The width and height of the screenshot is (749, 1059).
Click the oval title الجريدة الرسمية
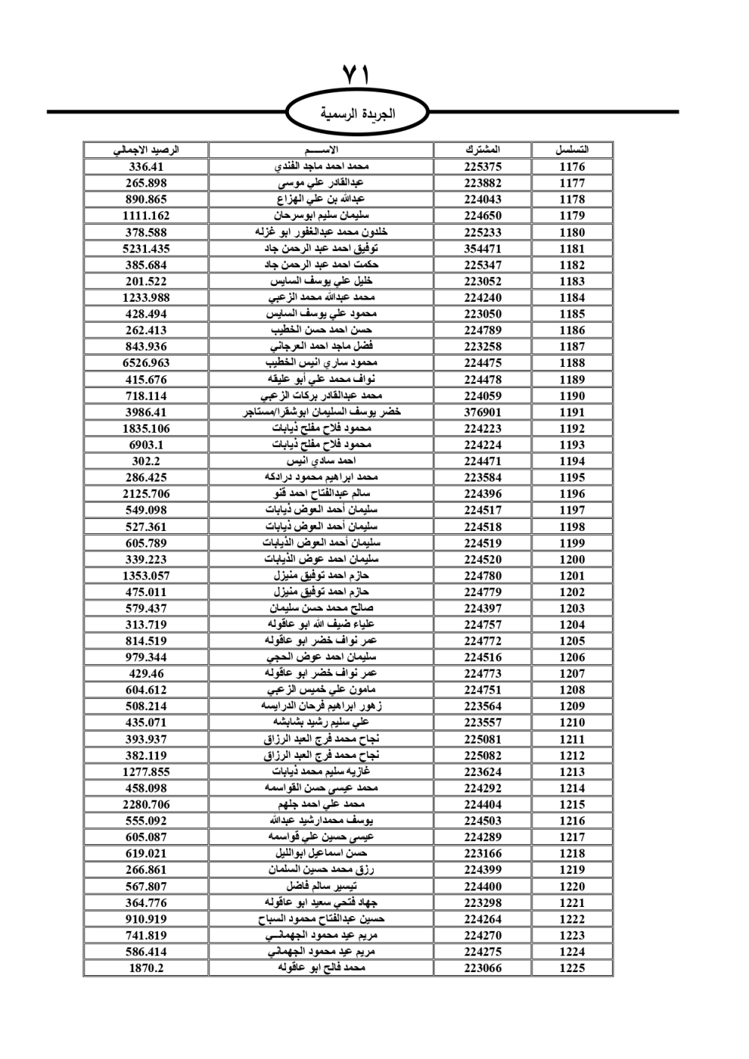(x=357, y=115)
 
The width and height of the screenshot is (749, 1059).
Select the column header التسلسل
(x=571, y=150)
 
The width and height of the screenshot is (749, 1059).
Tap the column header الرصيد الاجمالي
(x=146, y=150)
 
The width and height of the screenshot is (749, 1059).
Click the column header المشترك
(x=482, y=150)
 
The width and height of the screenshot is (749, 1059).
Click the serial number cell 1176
(x=571, y=167)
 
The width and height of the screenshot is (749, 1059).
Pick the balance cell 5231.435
(x=146, y=249)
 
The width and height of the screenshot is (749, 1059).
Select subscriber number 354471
(x=482, y=249)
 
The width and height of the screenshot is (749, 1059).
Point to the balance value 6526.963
(x=146, y=363)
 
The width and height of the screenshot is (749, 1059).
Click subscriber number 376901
(x=482, y=412)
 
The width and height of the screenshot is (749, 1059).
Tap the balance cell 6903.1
(x=146, y=445)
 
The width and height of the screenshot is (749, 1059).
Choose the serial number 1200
(x=571, y=559)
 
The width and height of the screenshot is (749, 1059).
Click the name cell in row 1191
(x=321, y=412)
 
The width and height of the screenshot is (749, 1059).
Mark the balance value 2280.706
(x=146, y=804)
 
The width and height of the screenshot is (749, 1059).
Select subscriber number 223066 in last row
(x=482, y=968)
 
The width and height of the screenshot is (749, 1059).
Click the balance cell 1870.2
(x=146, y=968)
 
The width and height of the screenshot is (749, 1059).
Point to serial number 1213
(x=571, y=771)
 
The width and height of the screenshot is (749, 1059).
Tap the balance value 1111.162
(x=146, y=216)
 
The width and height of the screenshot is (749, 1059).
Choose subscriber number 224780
(x=482, y=576)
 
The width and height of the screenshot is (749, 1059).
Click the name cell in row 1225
(x=321, y=968)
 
